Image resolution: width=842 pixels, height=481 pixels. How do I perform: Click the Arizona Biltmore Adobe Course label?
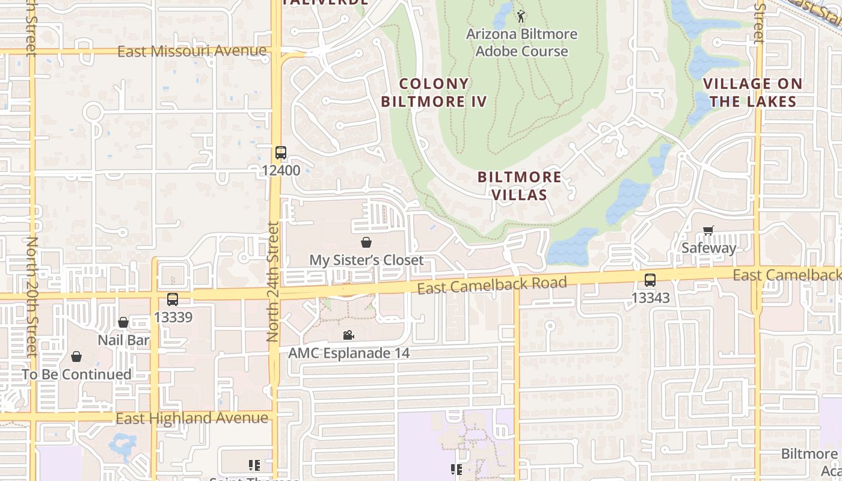[x=521, y=43]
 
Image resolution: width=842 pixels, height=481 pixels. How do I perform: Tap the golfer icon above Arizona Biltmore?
[x=521, y=16]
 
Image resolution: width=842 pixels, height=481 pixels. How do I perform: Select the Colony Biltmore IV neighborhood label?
[x=434, y=93]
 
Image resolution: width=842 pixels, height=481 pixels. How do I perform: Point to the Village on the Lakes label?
[x=753, y=93]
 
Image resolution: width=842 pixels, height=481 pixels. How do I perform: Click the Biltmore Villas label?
[x=520, y=186]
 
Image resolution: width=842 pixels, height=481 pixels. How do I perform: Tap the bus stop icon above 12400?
[x=280, y=153]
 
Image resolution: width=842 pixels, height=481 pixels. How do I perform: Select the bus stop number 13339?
[x=173, y=317]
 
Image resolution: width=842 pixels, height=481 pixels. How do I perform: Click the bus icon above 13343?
[x=650, y=280]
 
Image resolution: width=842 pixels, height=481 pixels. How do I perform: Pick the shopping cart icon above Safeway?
[x=708, y=231]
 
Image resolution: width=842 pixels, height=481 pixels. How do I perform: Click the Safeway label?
[x=708, y=248]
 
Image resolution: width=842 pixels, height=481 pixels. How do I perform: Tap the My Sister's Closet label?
[x=366, y=260]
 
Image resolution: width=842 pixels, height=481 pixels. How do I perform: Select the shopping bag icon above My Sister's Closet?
[x=366, y=242]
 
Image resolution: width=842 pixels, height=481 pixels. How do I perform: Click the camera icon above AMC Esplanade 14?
[x=348, y=335]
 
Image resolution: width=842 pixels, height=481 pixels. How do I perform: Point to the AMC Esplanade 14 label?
[x=349, y=353]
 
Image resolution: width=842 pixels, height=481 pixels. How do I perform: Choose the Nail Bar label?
[x=123, y=340]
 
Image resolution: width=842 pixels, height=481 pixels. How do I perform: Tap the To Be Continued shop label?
[x=76, y=375]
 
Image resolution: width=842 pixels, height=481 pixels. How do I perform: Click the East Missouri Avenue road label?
[x=191, y=51]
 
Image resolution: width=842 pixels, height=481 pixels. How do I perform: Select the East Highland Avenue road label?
[x=192, y=418]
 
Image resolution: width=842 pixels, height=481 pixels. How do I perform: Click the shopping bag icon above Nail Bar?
[x=123, y=323]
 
